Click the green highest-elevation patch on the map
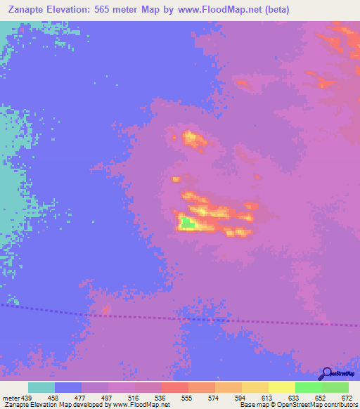[x=187, y=223]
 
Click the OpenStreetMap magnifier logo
[x=325, y=373]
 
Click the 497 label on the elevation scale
[x=95, y=398]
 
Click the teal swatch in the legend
[x=41, y=388]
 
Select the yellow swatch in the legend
[x=281, y=388]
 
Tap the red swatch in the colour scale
[x=174, y=388]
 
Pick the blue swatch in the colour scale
[x=68, y=388]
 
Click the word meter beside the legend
[x=9, y=398]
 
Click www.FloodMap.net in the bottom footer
[x=141, y=405]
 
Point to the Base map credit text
[x=253, y=405]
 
